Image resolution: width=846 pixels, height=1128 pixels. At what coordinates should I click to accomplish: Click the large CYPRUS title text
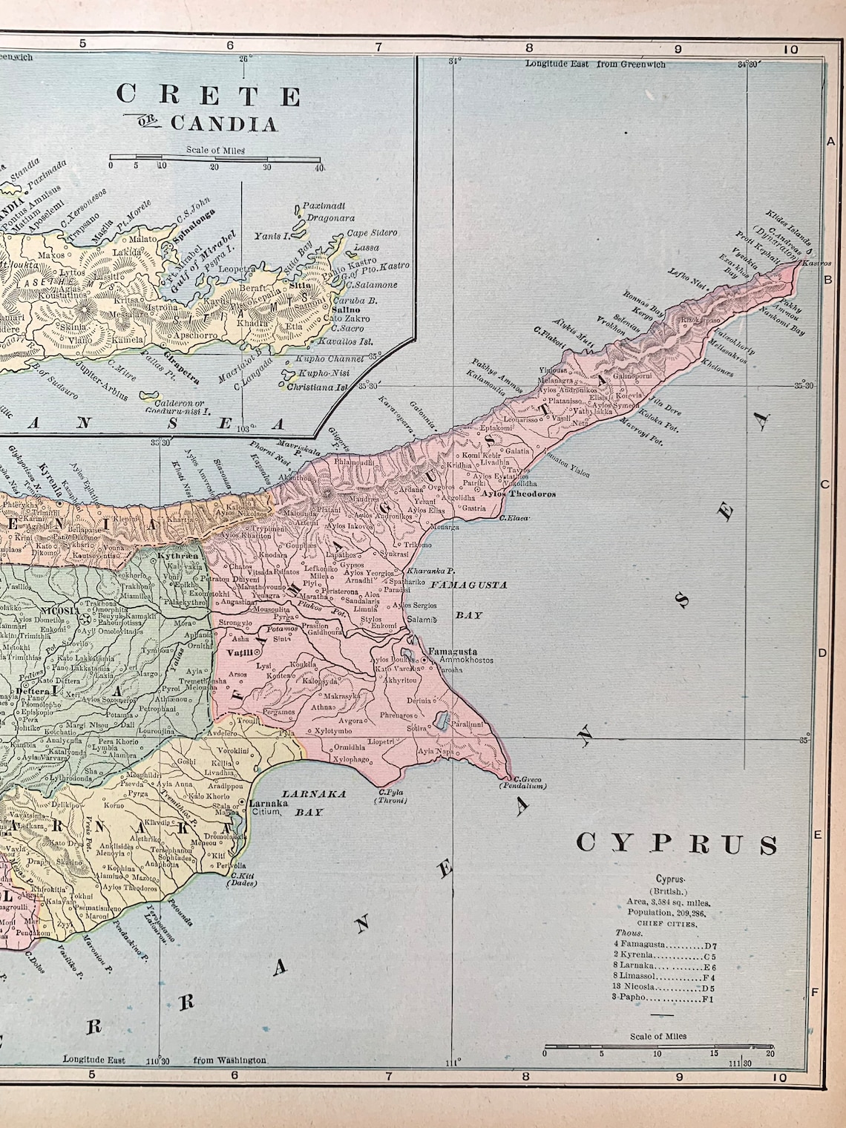[677, 844]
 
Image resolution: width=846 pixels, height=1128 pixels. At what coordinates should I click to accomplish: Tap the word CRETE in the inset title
[209, 96]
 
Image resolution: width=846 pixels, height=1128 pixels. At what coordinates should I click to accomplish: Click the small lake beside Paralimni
[443, 718]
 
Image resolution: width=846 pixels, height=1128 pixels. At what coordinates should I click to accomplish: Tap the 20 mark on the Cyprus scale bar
[771, 1053]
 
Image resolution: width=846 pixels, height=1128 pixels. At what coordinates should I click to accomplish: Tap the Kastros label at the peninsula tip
[816, 263]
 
